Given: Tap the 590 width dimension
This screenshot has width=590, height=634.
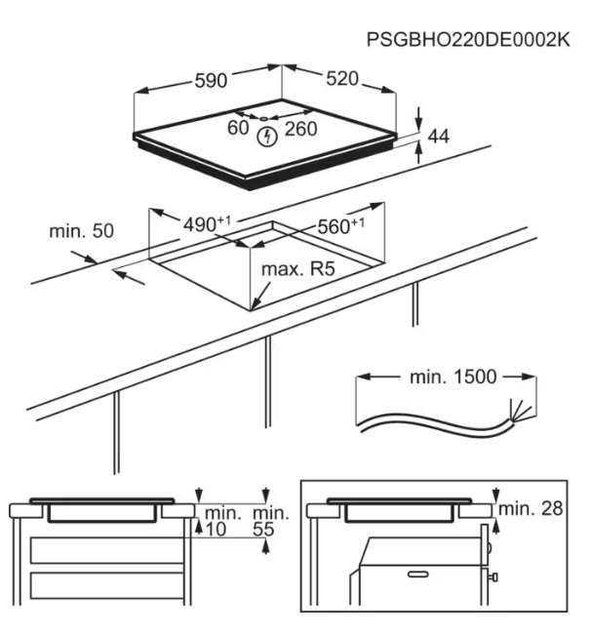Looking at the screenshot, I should pyautogui.click(x=211, y=82).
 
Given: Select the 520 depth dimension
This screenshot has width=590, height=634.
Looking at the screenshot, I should pyautogui.click(x=340, y=79).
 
